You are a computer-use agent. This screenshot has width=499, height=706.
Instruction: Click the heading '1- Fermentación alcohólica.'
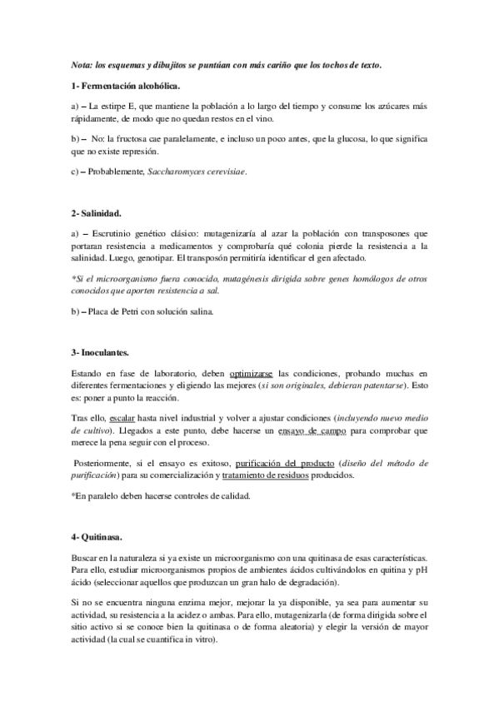(126, 87)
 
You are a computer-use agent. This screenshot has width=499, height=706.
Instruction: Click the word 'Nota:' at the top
(82, 64)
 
